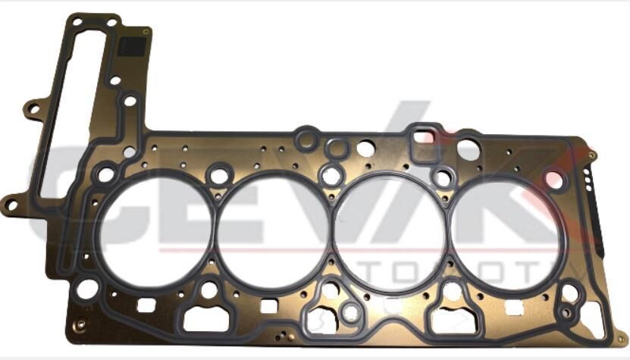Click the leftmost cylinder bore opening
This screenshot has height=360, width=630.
pos(155,230)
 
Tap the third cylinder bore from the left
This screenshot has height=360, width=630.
pos(390,230)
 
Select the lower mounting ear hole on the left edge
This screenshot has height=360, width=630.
pos(11,203)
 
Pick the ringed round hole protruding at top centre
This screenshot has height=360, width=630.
pos(306,139)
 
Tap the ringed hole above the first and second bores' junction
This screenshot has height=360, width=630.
pos(219,176)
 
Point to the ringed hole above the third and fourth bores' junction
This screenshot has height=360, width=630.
pos(443,178)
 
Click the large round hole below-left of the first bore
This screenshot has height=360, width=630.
pos(88,288)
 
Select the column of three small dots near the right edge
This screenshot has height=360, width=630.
pos(588,178)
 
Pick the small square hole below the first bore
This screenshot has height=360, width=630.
pos(146,305)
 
